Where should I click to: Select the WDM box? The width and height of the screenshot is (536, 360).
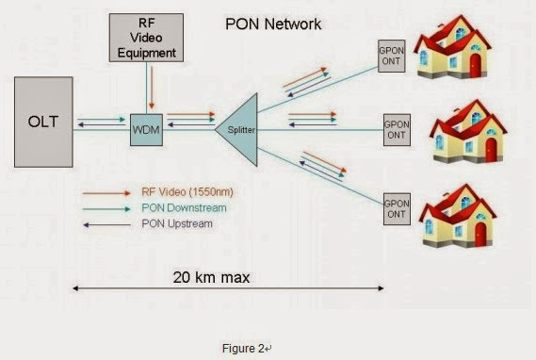(146, 128)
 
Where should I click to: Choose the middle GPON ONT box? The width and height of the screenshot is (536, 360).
(396, 129)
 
